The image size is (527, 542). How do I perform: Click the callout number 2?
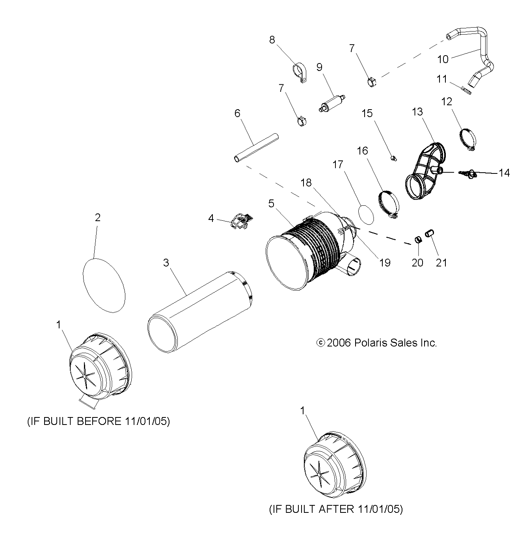(x=97, y=218)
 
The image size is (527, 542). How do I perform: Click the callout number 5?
(x=271, y=204)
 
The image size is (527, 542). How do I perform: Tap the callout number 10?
(x=443, y=59)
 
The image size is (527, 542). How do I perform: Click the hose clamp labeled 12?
(x=468, y=140)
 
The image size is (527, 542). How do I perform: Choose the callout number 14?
(x=504, y=173)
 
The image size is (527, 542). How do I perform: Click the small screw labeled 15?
(x=393, y=158)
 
